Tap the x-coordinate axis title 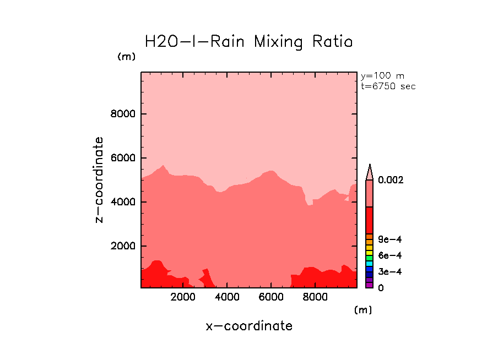click(x=249, y=326)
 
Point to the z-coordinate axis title click(x=99, y=179)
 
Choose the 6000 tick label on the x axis click(x=271, y=297)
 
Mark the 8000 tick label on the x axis click(x=315, y=297)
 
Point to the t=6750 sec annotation click(x=388, y=86)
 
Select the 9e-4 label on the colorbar click(x=389, y=239)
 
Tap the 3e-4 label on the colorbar click(x=389, y=272)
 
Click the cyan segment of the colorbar click(x=370, y=264)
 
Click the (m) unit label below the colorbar click(x=362, y=310)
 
